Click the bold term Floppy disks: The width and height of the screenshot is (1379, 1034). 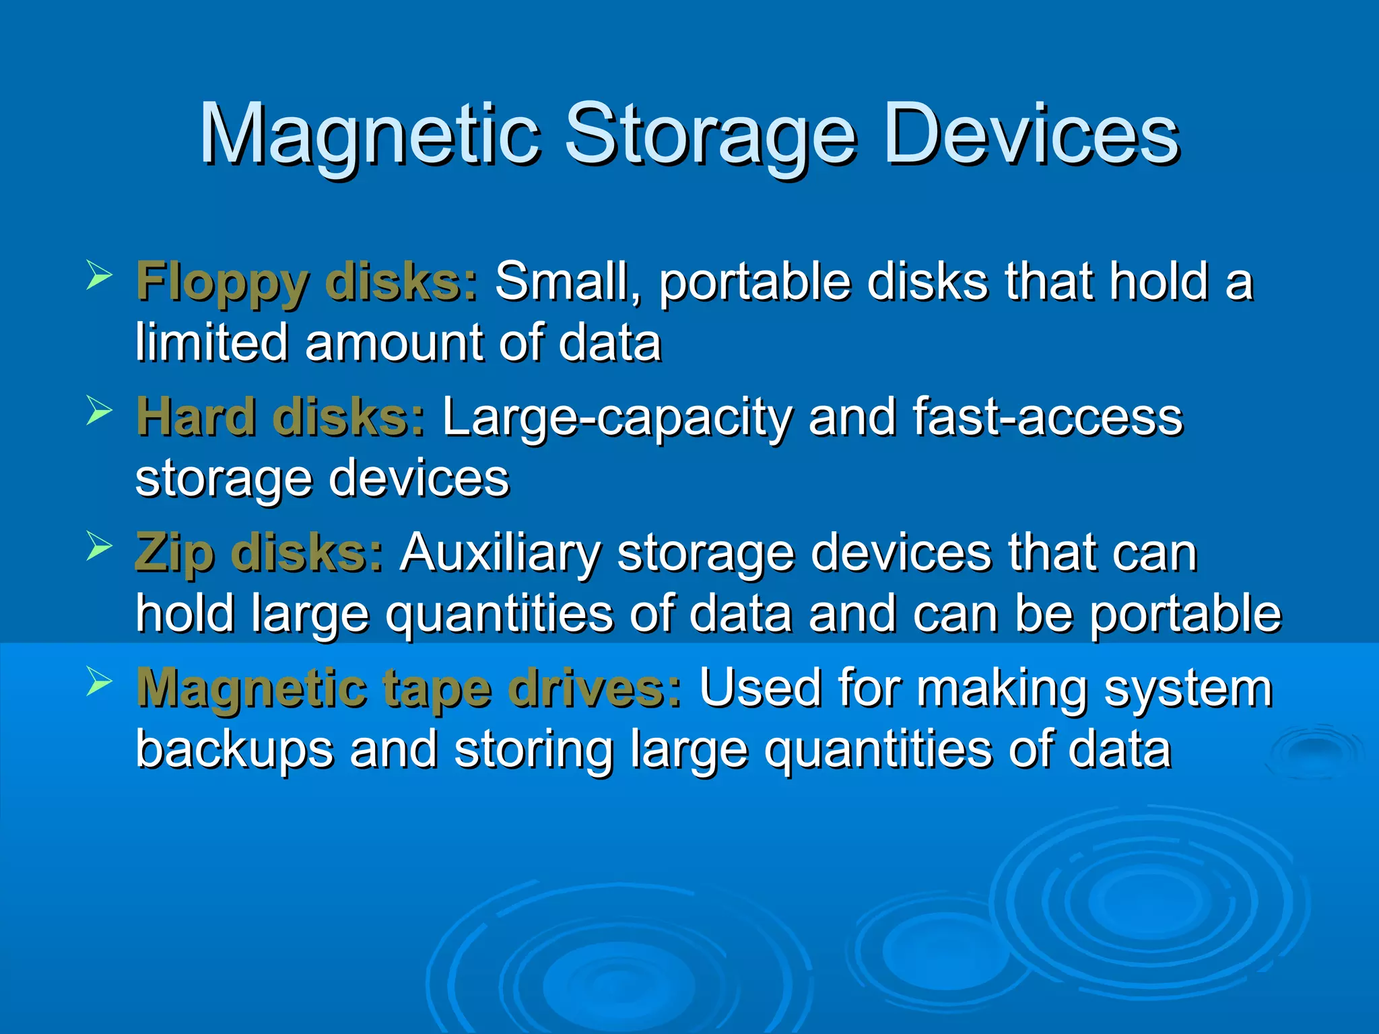point(307,281)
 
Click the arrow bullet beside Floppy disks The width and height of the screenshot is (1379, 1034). point(99,276)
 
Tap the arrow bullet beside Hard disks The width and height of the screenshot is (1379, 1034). point(99,411)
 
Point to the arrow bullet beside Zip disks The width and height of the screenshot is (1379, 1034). point(99,547)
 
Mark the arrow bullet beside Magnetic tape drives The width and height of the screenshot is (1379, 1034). point(99,682)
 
